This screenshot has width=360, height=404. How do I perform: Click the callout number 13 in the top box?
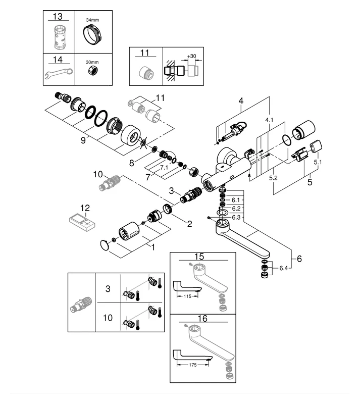tap(60, 17)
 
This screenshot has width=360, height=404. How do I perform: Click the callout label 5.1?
tap(318, 163)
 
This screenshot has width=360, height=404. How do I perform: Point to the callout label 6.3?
tap(236, 217)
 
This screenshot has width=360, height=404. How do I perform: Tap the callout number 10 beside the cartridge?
tap(98, 175)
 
